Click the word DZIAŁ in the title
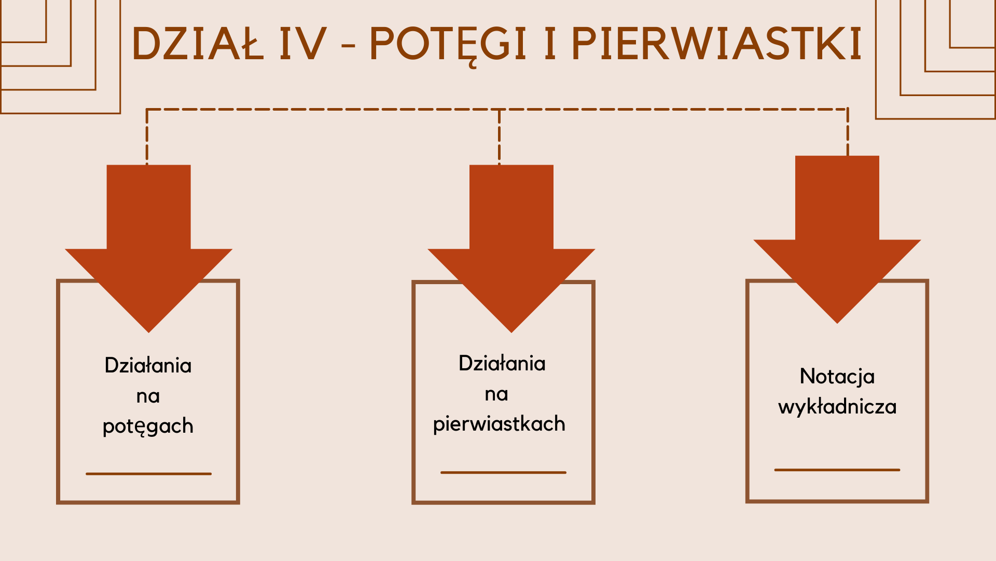[198, 44]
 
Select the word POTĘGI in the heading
[448, 44]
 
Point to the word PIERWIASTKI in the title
[716, 44]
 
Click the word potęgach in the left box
[148, 426]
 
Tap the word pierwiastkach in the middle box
[499, 424]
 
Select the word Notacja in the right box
[837, 377]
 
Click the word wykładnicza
[837, 406]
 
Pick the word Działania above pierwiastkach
[502, 364]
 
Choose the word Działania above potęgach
[148, 366]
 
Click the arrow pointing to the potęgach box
[148, 249]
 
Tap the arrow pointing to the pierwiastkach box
[511, 249]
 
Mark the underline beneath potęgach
[148, 474]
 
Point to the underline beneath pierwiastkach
[503, 472]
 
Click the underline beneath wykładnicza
[837, 470]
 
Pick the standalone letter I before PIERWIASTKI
[550, 44]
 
